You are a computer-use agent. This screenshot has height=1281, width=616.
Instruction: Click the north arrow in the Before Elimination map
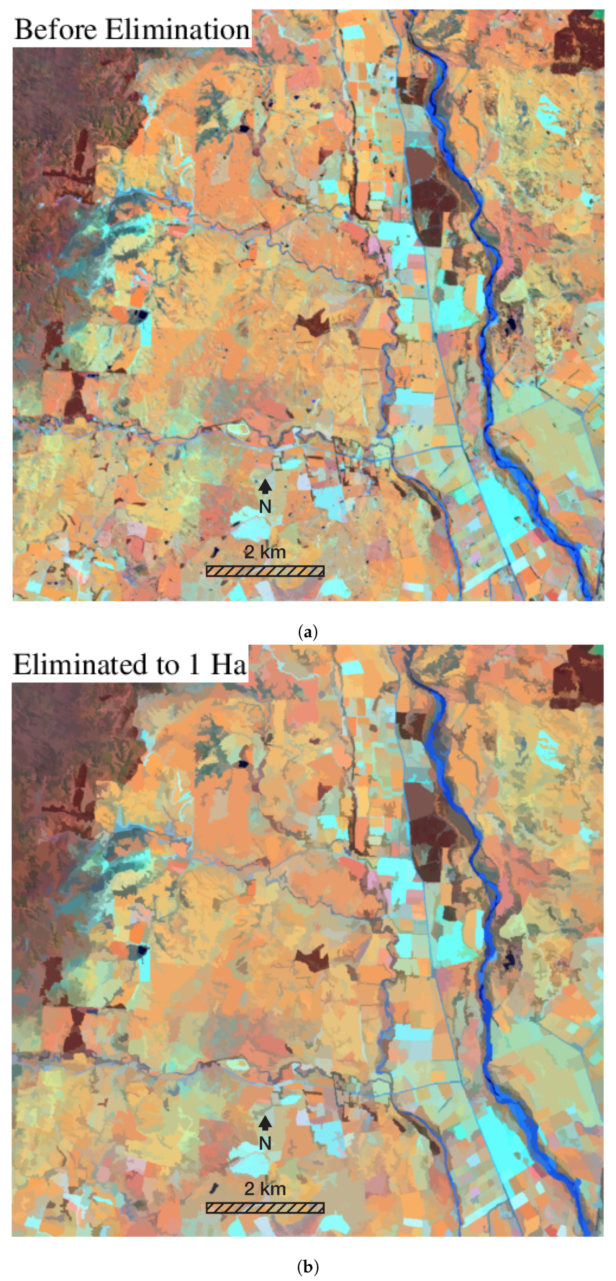(x=265, y=486)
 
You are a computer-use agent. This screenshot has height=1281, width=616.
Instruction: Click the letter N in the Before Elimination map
(x=265, y=507)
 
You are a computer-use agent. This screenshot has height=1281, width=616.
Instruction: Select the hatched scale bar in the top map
(x=265, y=571)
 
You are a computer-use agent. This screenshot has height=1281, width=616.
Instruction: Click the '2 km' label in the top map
(x=265, y=552)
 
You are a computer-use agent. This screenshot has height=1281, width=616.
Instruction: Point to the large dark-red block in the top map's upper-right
(x=577, y=45)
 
